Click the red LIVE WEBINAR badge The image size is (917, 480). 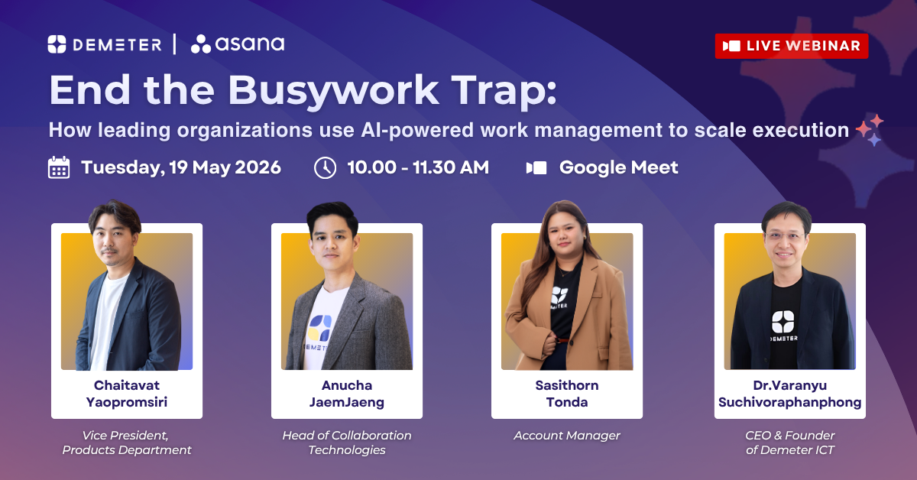(792, 46)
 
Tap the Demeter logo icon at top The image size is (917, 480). (57, 44)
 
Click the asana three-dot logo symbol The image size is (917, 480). (200, 44)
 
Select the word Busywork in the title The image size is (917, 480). (333, 92)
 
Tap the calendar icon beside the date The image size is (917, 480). (59, 167)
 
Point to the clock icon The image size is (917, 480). (325, 168)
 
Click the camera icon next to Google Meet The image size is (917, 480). (536, 168)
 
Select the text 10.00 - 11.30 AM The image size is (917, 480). (418, 167)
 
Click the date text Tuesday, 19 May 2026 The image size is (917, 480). (181, 168)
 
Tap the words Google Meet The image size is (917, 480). (618, 168)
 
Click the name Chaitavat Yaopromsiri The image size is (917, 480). (127, 394)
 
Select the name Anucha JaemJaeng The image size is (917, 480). (347, 394)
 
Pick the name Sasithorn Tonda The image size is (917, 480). (567, 394)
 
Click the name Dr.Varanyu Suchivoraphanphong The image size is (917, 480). (789, 394)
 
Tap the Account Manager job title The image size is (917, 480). (567, 436)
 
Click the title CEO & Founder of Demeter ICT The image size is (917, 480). (789, 443)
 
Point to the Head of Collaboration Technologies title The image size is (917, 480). (347, 443)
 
